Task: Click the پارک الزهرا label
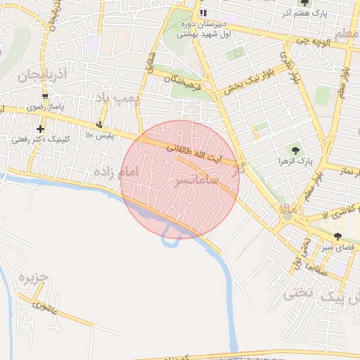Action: point(297,162)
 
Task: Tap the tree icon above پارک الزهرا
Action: point(296,150)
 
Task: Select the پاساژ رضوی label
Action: point(46,108)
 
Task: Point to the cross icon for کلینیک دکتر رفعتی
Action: point(41,129)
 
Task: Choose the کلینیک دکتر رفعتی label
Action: point(40,139)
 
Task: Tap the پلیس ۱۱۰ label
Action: point(98,135)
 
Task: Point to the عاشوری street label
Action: point(44,307)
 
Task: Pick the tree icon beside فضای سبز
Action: point(338,236)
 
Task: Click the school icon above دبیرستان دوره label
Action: point(203,13)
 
